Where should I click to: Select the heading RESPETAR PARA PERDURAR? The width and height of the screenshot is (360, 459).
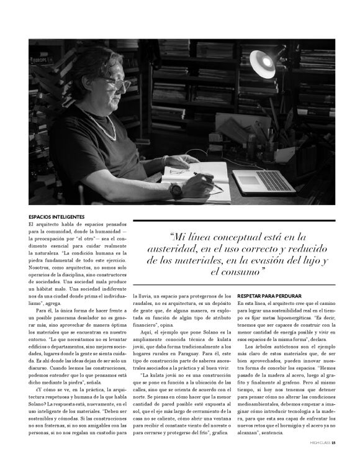[269, 296]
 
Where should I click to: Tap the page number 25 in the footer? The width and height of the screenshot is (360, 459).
[333, 443]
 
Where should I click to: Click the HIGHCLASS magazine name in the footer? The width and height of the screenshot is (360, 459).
[320, 443]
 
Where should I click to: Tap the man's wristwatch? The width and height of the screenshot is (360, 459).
[176, 190]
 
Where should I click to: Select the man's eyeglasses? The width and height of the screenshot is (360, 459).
[118, 84]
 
